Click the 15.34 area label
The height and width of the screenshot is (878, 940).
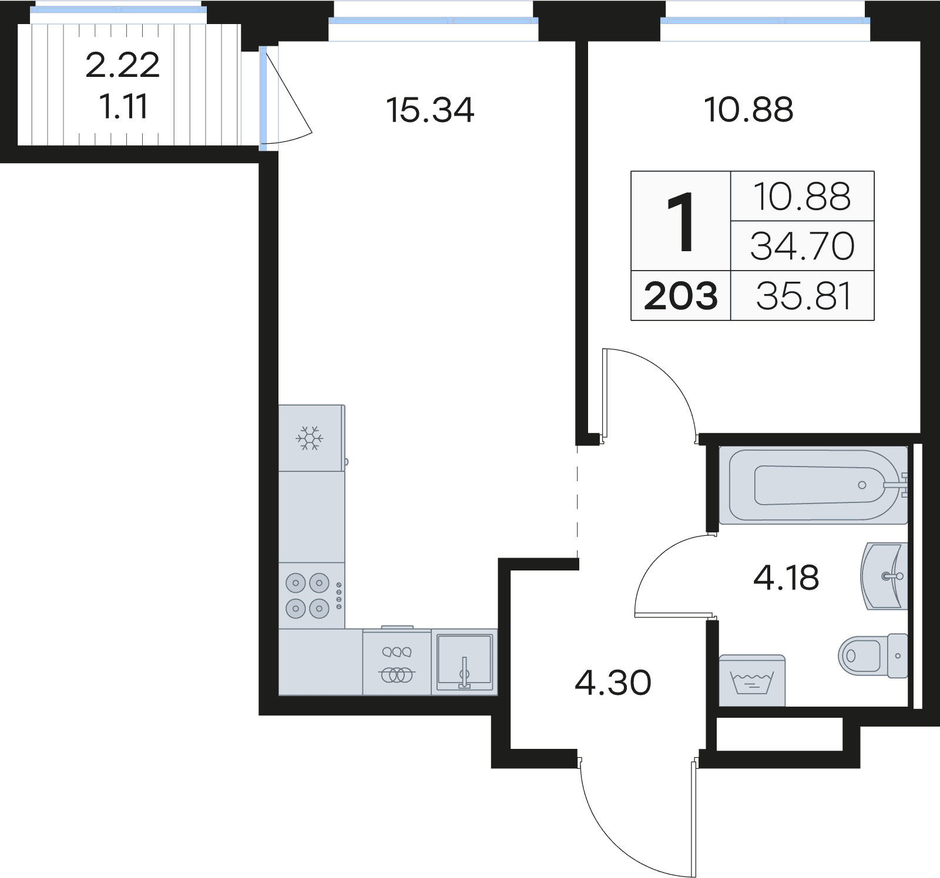click(430, 110)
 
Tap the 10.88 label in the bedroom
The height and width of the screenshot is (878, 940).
click(748, 110)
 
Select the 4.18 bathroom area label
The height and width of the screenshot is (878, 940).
click(786, 578)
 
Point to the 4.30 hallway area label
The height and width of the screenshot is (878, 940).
click(613, 683)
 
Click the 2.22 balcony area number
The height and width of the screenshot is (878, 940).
click(122, 65)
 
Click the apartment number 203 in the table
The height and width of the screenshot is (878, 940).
click(680, 296)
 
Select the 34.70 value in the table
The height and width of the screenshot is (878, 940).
click(802, 246)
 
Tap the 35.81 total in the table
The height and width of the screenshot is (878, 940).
click(803, 296)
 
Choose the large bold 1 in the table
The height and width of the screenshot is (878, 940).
click(681, 222)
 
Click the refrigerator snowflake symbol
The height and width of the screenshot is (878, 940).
click(310, 438)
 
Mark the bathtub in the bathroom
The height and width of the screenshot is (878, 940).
click(814, 485)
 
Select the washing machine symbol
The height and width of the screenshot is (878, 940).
click(752, 681)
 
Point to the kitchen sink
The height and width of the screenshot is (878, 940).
click(464, 662)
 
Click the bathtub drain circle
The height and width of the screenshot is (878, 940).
click(862, 485)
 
